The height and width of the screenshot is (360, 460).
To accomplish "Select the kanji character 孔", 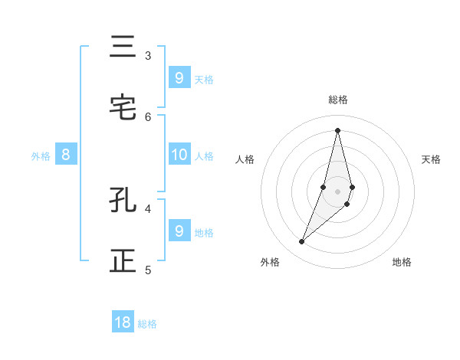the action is point(123,201).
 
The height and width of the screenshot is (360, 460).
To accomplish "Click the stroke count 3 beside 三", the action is point(148,56).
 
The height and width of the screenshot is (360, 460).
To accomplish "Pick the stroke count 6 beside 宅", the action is point(148,116).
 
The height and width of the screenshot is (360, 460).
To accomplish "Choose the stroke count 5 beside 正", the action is point(148,270).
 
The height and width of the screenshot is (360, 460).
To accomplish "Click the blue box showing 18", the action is point(123,322).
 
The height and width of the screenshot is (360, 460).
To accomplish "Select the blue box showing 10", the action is point(179,155).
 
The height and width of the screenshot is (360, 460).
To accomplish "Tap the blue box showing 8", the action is point(66,155).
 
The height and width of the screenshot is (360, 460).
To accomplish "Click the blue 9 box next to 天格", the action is point(179,77).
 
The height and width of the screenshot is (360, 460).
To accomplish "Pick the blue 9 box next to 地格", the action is point(179,231).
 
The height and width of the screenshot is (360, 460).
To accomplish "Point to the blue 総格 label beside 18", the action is point(147,324).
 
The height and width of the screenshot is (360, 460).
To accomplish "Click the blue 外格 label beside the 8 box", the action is point(41,156).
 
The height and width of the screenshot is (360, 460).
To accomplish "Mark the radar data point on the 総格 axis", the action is point(337,130).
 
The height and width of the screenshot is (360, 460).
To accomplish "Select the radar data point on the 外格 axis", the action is point(302,242).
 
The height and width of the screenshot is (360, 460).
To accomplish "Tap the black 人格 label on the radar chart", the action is point(245,159).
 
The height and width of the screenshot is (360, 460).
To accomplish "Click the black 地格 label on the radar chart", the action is point(402,262).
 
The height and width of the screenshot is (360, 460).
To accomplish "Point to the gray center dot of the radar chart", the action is point(337,191).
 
